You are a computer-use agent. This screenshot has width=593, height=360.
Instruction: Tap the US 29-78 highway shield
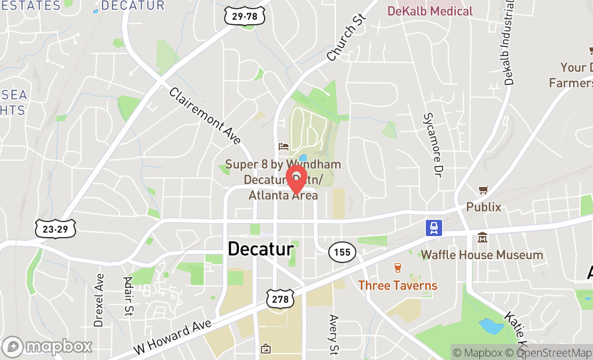[x=245, y=17]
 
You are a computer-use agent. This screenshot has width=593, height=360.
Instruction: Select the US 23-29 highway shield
[x=56, y=229]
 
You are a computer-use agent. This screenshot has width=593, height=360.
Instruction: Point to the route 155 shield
[x=341, y=252]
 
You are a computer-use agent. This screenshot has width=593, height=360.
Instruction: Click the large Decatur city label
[x=260, y=249]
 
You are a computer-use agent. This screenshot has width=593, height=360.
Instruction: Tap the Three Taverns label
[x=398, y=285]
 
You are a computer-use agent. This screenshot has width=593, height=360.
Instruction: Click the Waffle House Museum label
[x=482, y=255]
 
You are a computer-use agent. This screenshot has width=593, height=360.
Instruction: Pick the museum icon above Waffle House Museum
[x=482, y=237]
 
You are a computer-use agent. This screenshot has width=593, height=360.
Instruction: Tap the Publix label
[x=484, y=207]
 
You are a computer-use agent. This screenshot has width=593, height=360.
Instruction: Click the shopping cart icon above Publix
[x=484, y=190]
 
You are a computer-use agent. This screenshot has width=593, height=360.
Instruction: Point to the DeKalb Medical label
[x=430, y=11]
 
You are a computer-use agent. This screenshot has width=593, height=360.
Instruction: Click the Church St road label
[x=346, y=37]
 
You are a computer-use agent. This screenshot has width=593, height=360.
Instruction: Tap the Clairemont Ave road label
[x=205, y=116]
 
